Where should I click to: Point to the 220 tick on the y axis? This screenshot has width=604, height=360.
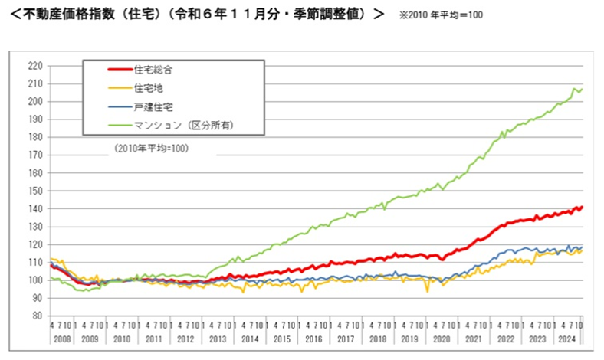pyautogui.click(x=34, y=66)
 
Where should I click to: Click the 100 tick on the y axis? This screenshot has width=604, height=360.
pyautogui.click(x=34, y=280)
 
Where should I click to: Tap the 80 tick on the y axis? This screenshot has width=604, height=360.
pyautogui.click(x=37, y=316)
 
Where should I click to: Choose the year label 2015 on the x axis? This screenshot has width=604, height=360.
pyautogui.click(x=281, y=338)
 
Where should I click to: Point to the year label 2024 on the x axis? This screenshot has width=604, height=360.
pyautogui.click(x=566, y=338)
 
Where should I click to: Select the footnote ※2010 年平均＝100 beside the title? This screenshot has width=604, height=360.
pyautogui.click(x=441, y=16)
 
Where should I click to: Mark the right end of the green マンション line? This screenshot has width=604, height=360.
pyautogui.click(x=583, y=90)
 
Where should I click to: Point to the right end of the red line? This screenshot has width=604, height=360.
pyautogui.click(x=583, y=207)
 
